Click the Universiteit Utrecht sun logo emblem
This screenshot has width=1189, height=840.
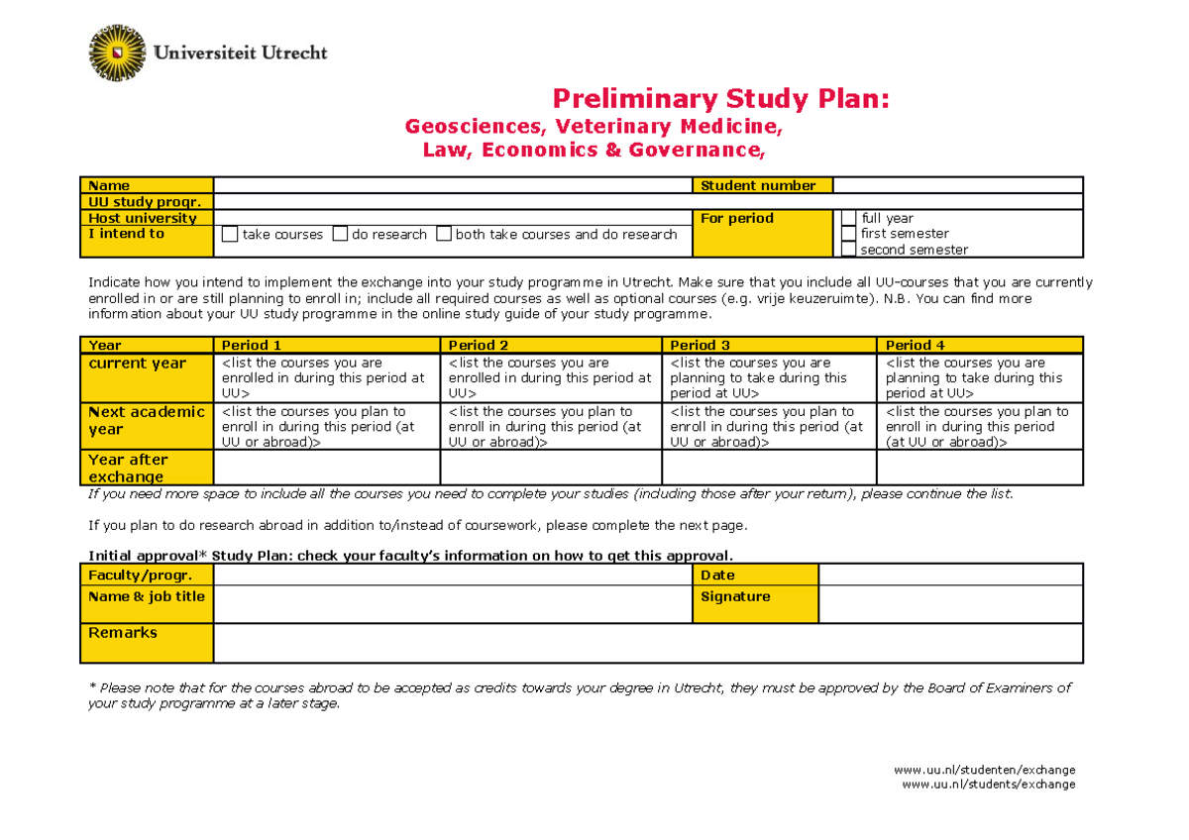tap(118, 52)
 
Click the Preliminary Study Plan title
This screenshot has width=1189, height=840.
tap(720, 99)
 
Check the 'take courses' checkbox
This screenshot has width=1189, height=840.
tap(230, 235)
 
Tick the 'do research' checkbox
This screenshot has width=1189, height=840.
tap(340, 235)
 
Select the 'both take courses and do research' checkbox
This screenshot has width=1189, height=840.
tap(444, 235)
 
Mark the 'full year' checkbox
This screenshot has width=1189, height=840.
tap(848, 218)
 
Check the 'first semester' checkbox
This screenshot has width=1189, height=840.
tap(848, 234)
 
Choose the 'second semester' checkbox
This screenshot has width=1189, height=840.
tap(848, 250)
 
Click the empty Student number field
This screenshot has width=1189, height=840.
tap(957, 185)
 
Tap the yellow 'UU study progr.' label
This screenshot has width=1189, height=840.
tap(147, 202)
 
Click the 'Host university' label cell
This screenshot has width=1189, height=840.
tap(147, 218)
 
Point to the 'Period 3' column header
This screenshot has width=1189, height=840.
tap(768, 345)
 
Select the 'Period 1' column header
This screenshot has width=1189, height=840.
tap(326, 345)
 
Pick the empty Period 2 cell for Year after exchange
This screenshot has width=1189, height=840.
tap(550, 468)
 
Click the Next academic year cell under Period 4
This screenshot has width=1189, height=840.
tap(979, 427)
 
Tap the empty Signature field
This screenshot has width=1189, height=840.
tap(950, 604)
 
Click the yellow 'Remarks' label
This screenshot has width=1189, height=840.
tap(147, 643)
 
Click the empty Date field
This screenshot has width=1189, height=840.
tap(950, 575)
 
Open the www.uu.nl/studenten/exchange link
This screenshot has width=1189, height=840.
tap(984, 770)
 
